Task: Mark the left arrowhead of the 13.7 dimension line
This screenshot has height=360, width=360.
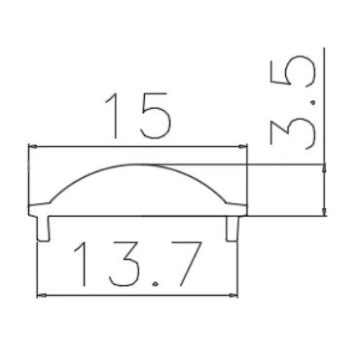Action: (x=40, y=294)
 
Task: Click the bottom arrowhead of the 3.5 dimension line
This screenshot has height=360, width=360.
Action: (x=323, y=209)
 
